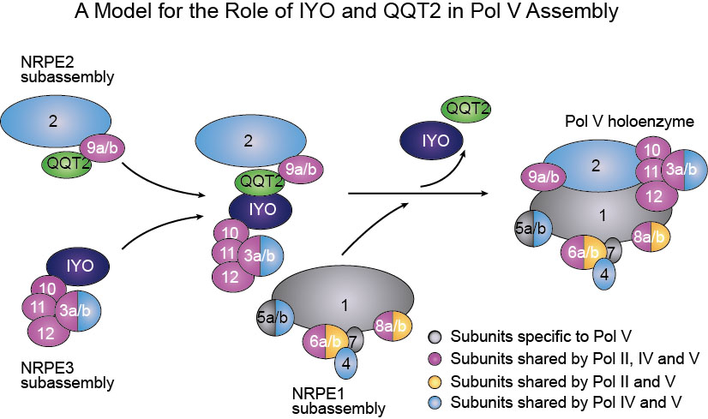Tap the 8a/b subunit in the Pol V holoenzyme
click(x=648, y=236)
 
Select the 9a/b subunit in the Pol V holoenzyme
click(x=547, y=177)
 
